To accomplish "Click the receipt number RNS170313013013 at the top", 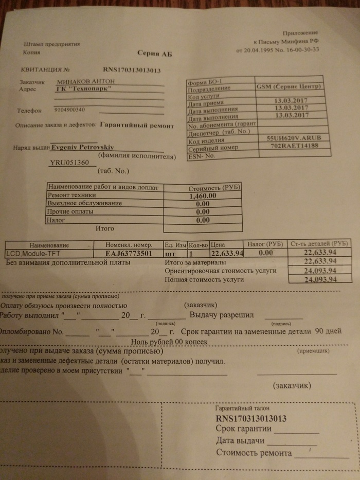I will pyautogui.click(x=133, y=70).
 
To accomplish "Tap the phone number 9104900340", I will pyautogui.click(x=69, y=110).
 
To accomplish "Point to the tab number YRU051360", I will pyautogui.click(x=69, y=163).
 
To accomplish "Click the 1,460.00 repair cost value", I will pyautogui.click(x=203, y=196).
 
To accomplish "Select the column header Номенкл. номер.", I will pyautogui.click(x=129, y=245).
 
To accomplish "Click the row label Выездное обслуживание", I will pyautogui.click(x=84, y=204).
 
